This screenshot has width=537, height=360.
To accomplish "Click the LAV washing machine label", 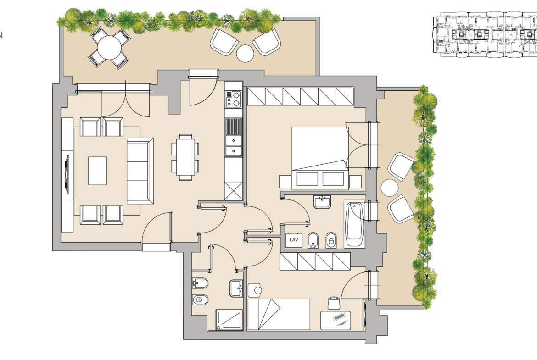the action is tap(294, 240).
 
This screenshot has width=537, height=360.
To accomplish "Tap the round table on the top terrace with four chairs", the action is tap(109, 48).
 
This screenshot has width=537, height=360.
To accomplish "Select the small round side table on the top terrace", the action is tap(245, 54).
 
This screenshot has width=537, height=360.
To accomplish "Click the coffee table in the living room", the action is tap(98, 171).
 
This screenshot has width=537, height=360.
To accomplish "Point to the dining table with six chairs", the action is tap(185, 157).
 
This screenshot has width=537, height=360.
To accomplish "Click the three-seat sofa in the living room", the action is tap(140, 171).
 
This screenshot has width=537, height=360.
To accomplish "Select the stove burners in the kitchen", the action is tap(233, 99).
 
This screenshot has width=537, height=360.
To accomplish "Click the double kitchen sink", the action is tap(233, 145).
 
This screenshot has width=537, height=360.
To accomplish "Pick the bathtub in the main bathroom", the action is tap(354, 224).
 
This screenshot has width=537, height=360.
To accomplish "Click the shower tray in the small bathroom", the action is tap(229, 320).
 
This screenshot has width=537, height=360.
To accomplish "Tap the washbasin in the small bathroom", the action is tap(236, 288).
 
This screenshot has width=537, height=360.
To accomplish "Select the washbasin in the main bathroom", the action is tap(322, 202).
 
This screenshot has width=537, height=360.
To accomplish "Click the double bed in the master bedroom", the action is tap(320, 158).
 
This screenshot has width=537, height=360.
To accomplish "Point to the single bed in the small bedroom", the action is tap(279, 315).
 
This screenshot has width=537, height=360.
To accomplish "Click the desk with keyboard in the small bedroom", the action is tap(336, 320).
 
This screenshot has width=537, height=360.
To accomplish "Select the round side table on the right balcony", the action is tap(390, 188).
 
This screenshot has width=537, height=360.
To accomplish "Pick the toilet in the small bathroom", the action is tap(201, 300).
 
